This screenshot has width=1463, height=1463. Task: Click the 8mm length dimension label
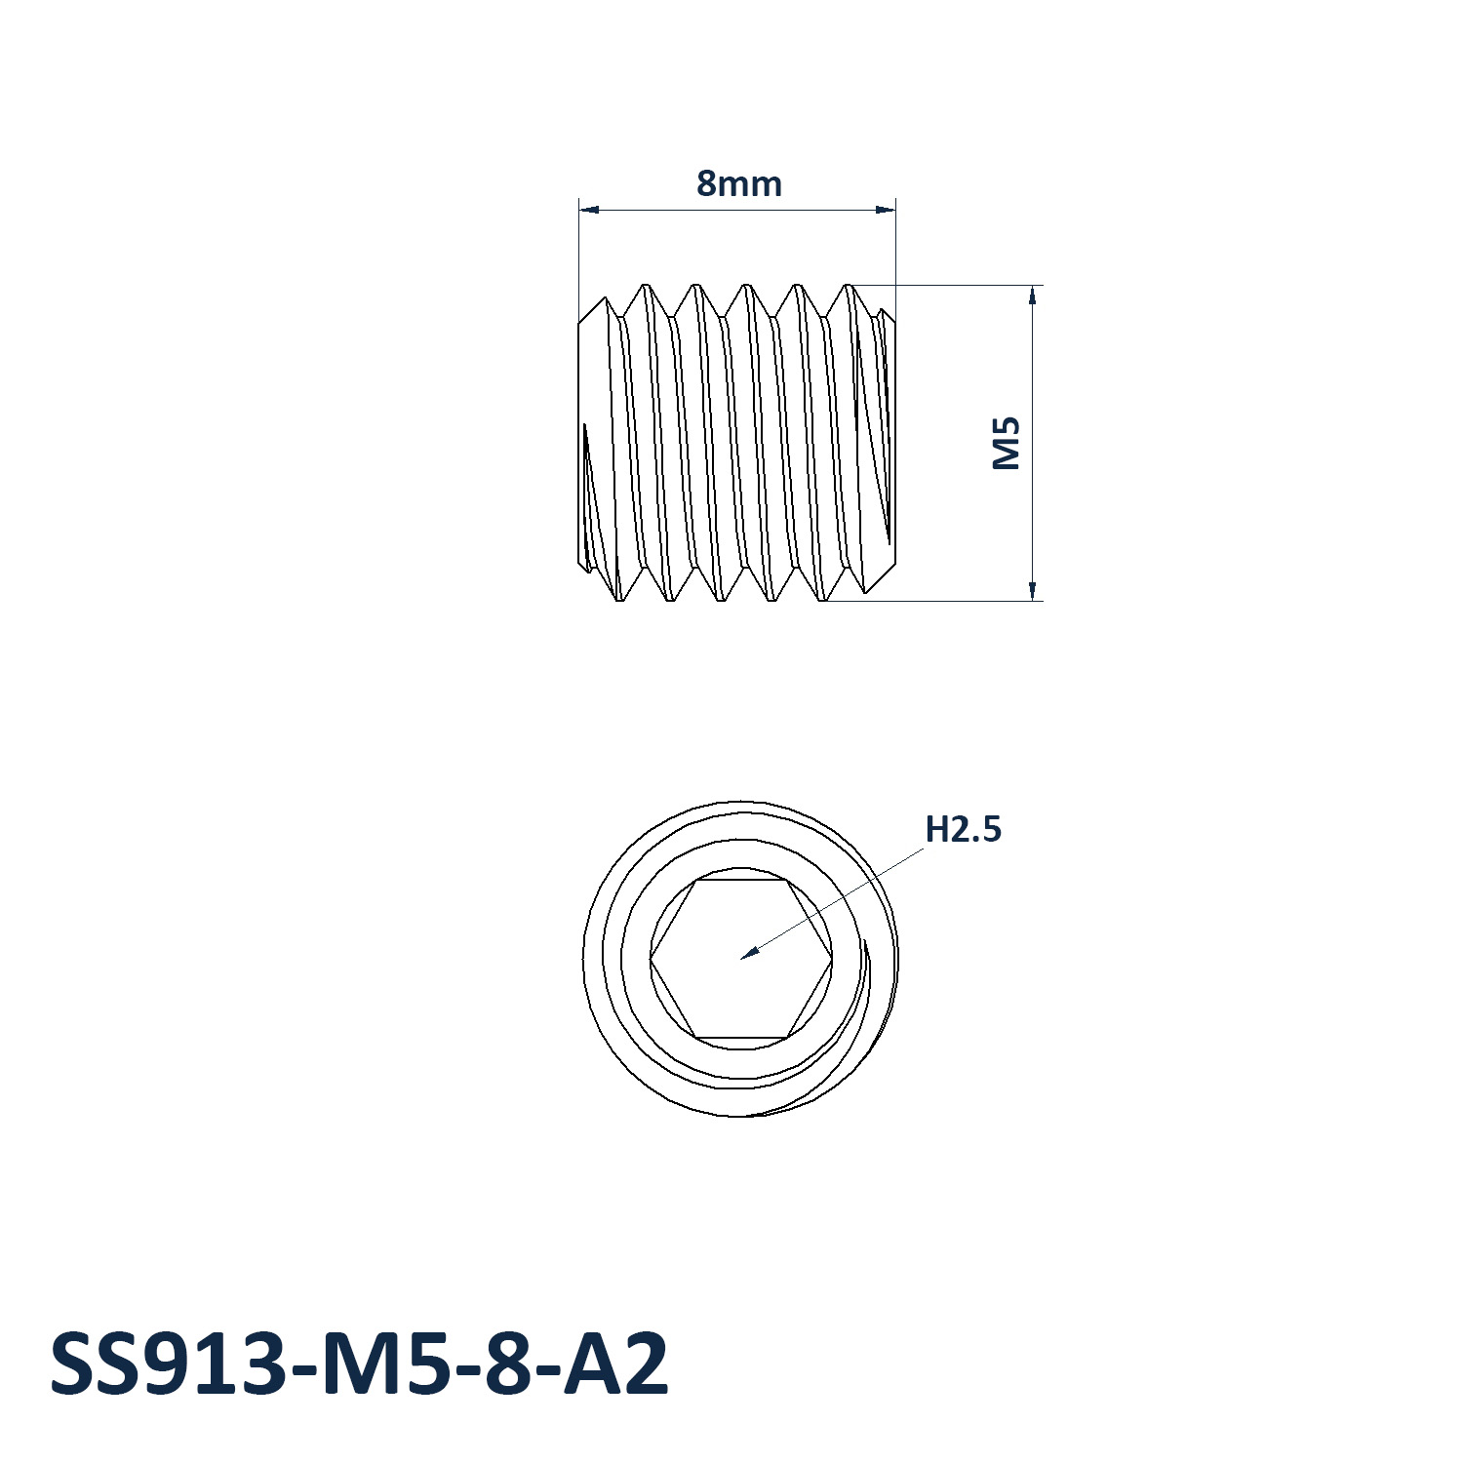pos(738,183)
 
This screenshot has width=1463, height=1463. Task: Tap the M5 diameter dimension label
pos(1007,443)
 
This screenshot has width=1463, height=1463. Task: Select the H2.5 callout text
pos(963,829)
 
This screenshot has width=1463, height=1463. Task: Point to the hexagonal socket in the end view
pos(741,959)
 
